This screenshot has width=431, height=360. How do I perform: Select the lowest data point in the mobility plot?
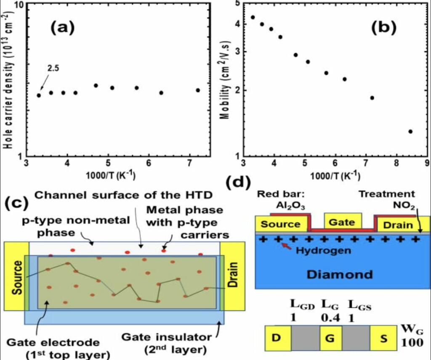(x=410, y=132)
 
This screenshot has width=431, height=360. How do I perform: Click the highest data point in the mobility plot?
(x=253, y=17)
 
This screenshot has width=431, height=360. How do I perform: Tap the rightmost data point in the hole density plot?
(x=198, y=90)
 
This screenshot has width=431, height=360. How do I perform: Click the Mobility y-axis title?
(x=226, y=80)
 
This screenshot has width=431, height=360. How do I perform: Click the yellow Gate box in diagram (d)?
(x=342, y=221)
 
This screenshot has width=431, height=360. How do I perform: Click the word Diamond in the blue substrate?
(x=340, y=275)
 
